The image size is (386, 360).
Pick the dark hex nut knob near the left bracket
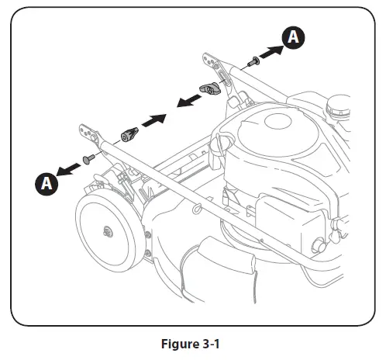tap(127, 133)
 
